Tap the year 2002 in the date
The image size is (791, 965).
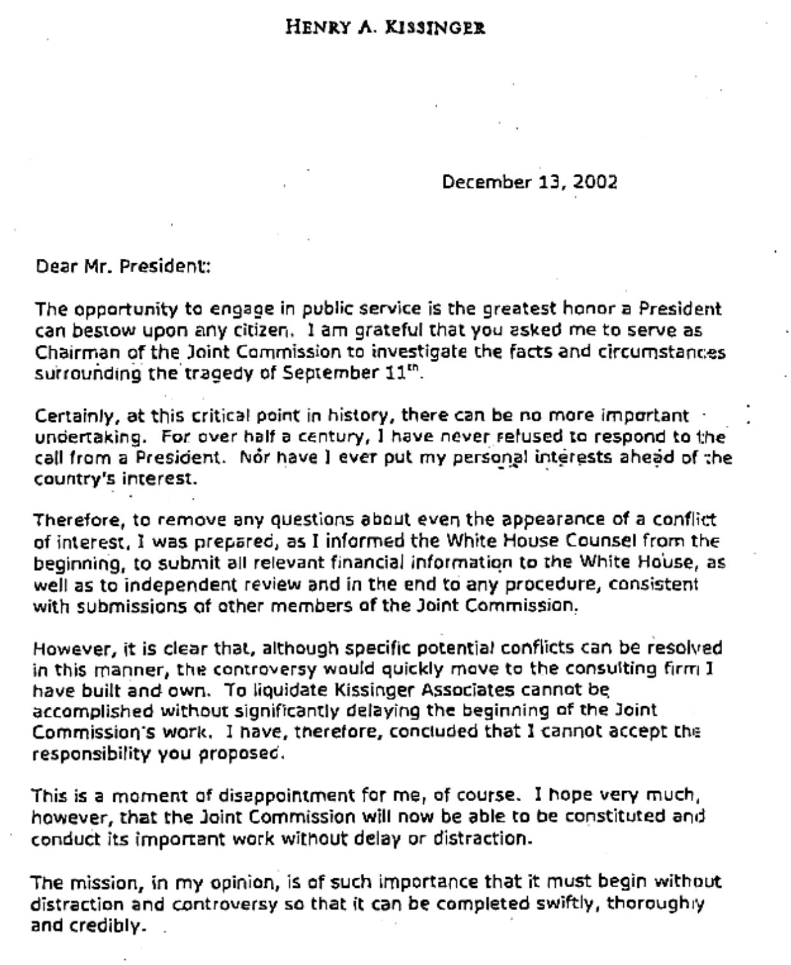coord(595,182)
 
